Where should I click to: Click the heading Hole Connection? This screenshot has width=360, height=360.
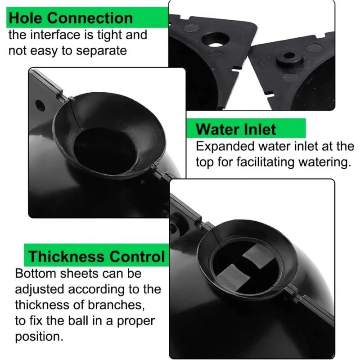[x=71, y=18]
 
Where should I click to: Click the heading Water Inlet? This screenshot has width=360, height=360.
[x=236, y=130]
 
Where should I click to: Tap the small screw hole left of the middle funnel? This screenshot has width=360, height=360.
[x=40, y=105]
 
